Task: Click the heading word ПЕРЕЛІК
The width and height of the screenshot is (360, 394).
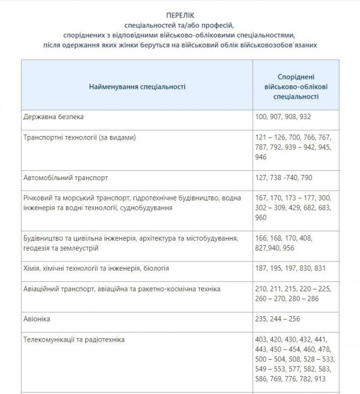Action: [179, 14]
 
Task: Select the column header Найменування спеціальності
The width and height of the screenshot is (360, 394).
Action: [137, 86]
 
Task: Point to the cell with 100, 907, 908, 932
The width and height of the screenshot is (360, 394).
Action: [283, 117]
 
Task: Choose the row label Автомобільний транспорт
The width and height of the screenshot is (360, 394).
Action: [66, 177]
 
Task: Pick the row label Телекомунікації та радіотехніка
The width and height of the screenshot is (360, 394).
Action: [74, 339]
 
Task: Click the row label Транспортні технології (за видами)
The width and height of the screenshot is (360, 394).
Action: [81, 137]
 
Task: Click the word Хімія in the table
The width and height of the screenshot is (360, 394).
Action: [34, 268]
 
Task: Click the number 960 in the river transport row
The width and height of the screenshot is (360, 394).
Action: [261, 217]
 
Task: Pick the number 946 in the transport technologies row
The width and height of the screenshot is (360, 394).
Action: [261, 157]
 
